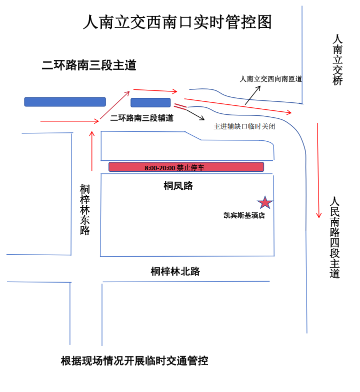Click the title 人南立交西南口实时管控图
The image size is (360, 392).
[x=177, y=22]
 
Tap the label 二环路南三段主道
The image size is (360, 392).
[x=89, y=65]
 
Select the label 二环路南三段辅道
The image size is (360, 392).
[x=142, y=118]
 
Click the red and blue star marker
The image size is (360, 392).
[x=265, y=202]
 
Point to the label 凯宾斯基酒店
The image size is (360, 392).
[x=244, y=216]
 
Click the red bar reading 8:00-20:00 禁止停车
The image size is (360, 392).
[x=186, y=167]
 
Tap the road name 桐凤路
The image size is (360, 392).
[x=178, y=186]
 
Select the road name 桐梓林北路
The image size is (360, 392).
[x=175, y=271]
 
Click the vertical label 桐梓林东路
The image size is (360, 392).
[x=85, y=210]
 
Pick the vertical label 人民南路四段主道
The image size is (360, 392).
[x=334, y=237]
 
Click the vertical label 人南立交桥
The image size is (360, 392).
[x=337, y=60]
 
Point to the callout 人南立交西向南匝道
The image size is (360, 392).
[x=271, y=79]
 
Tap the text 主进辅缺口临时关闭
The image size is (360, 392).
[x=244, y=126]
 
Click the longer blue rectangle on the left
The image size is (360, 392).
[x=65, y=102]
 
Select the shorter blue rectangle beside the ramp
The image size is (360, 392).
[x=150, y=103]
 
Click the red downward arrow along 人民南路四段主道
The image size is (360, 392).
[x=318, y=170]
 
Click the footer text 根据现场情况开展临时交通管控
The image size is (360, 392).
[x=134, y=361]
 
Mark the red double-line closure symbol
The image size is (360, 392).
[x=180, y=106]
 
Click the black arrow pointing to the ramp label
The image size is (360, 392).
[x=252, y=95]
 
